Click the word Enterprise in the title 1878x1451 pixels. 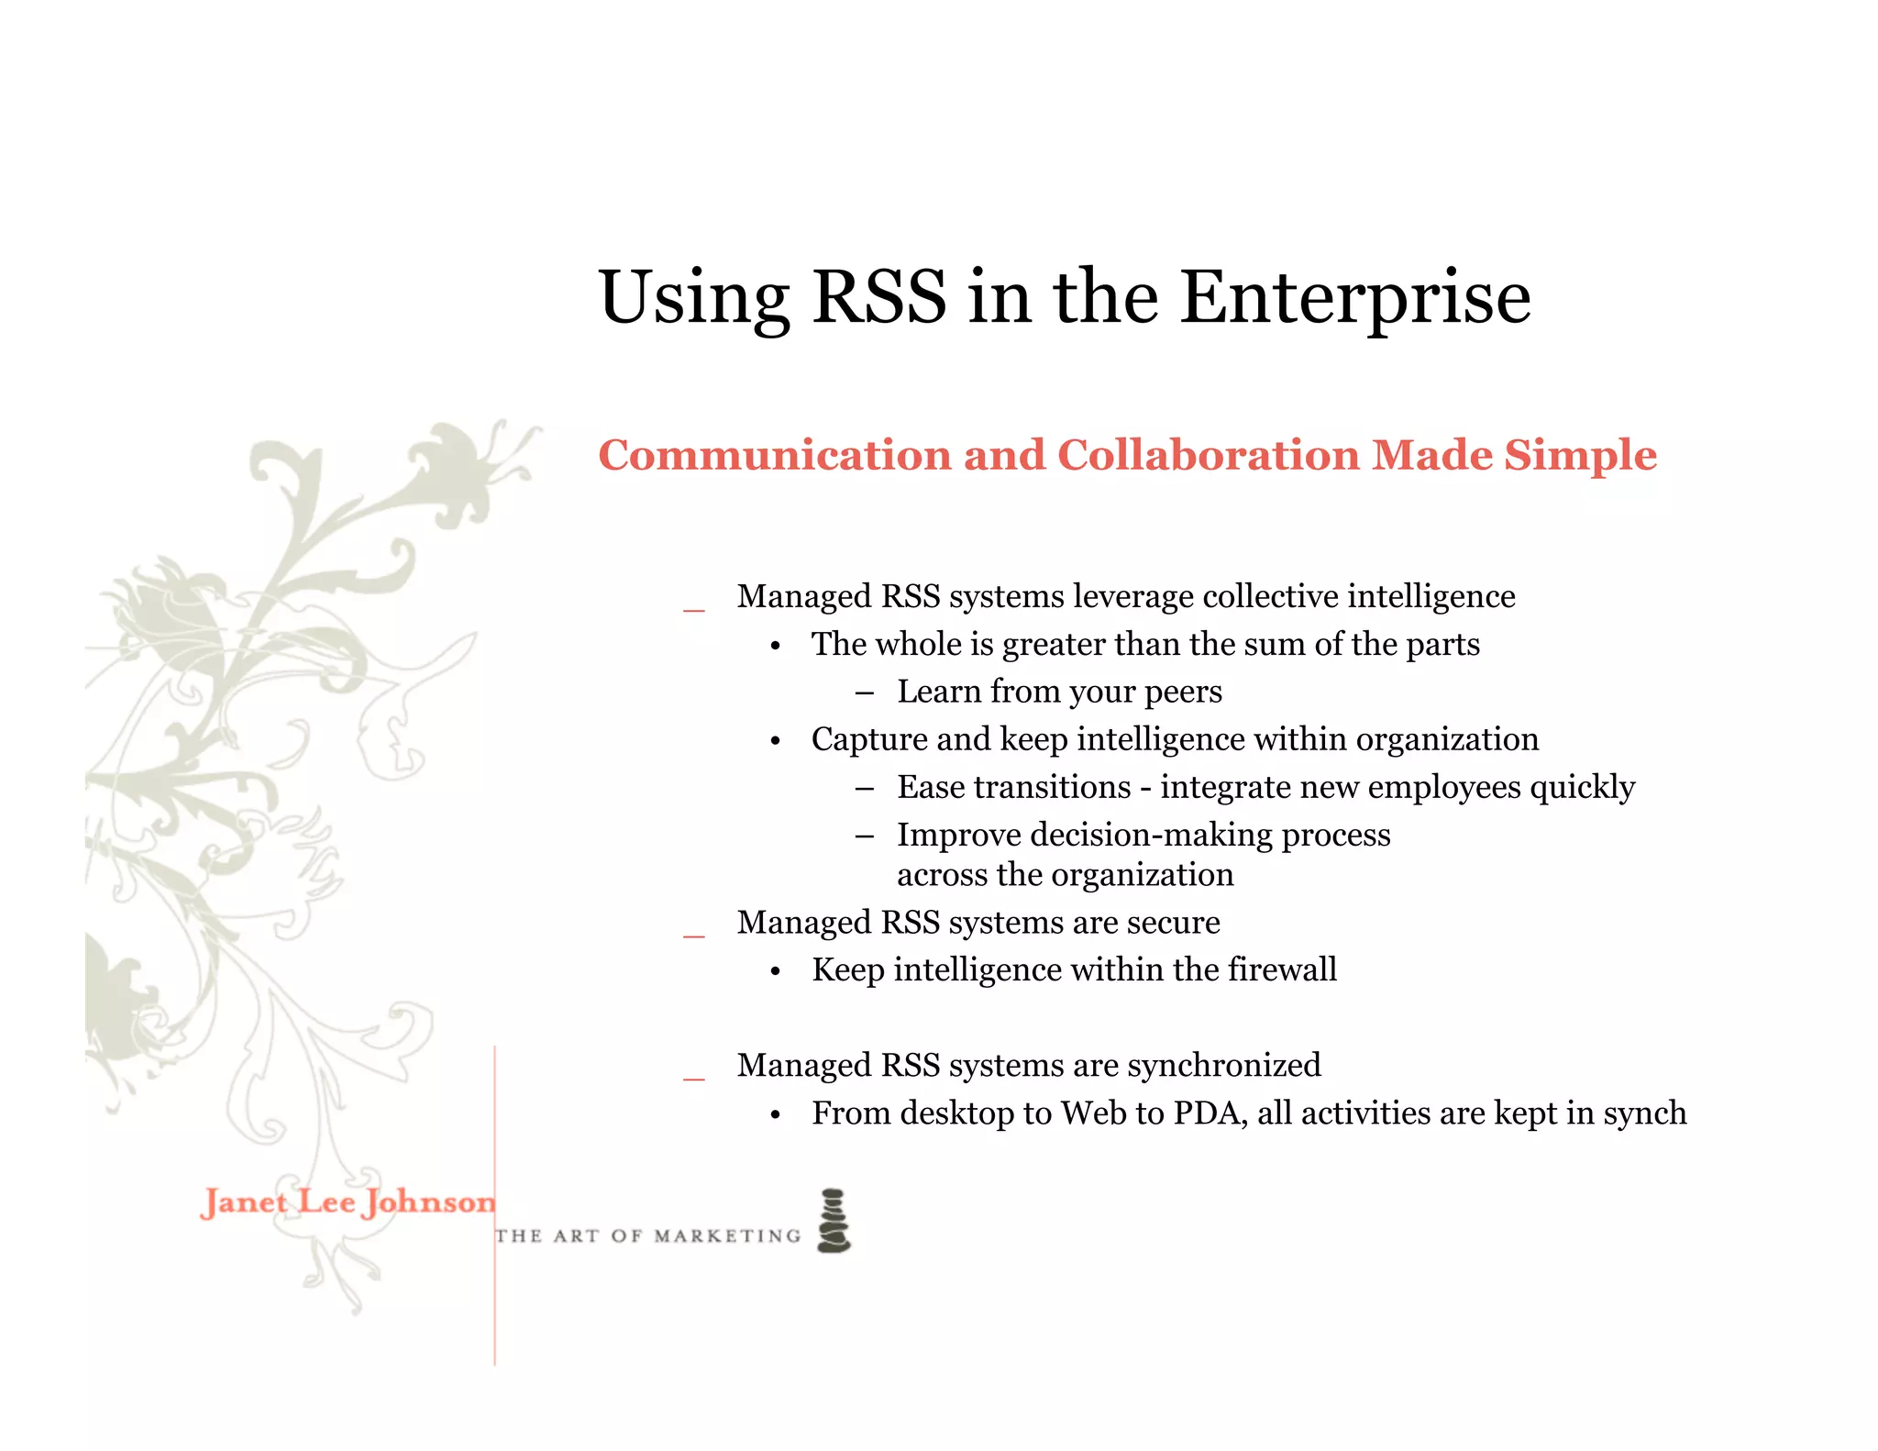1354,298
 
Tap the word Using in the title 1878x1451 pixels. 693,298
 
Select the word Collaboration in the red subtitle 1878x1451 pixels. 1209,455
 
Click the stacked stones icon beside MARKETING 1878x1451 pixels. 834,1221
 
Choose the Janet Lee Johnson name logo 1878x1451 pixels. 348,1202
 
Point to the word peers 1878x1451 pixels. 1182,692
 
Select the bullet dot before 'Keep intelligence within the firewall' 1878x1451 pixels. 776,972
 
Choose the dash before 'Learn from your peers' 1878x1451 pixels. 864,693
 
